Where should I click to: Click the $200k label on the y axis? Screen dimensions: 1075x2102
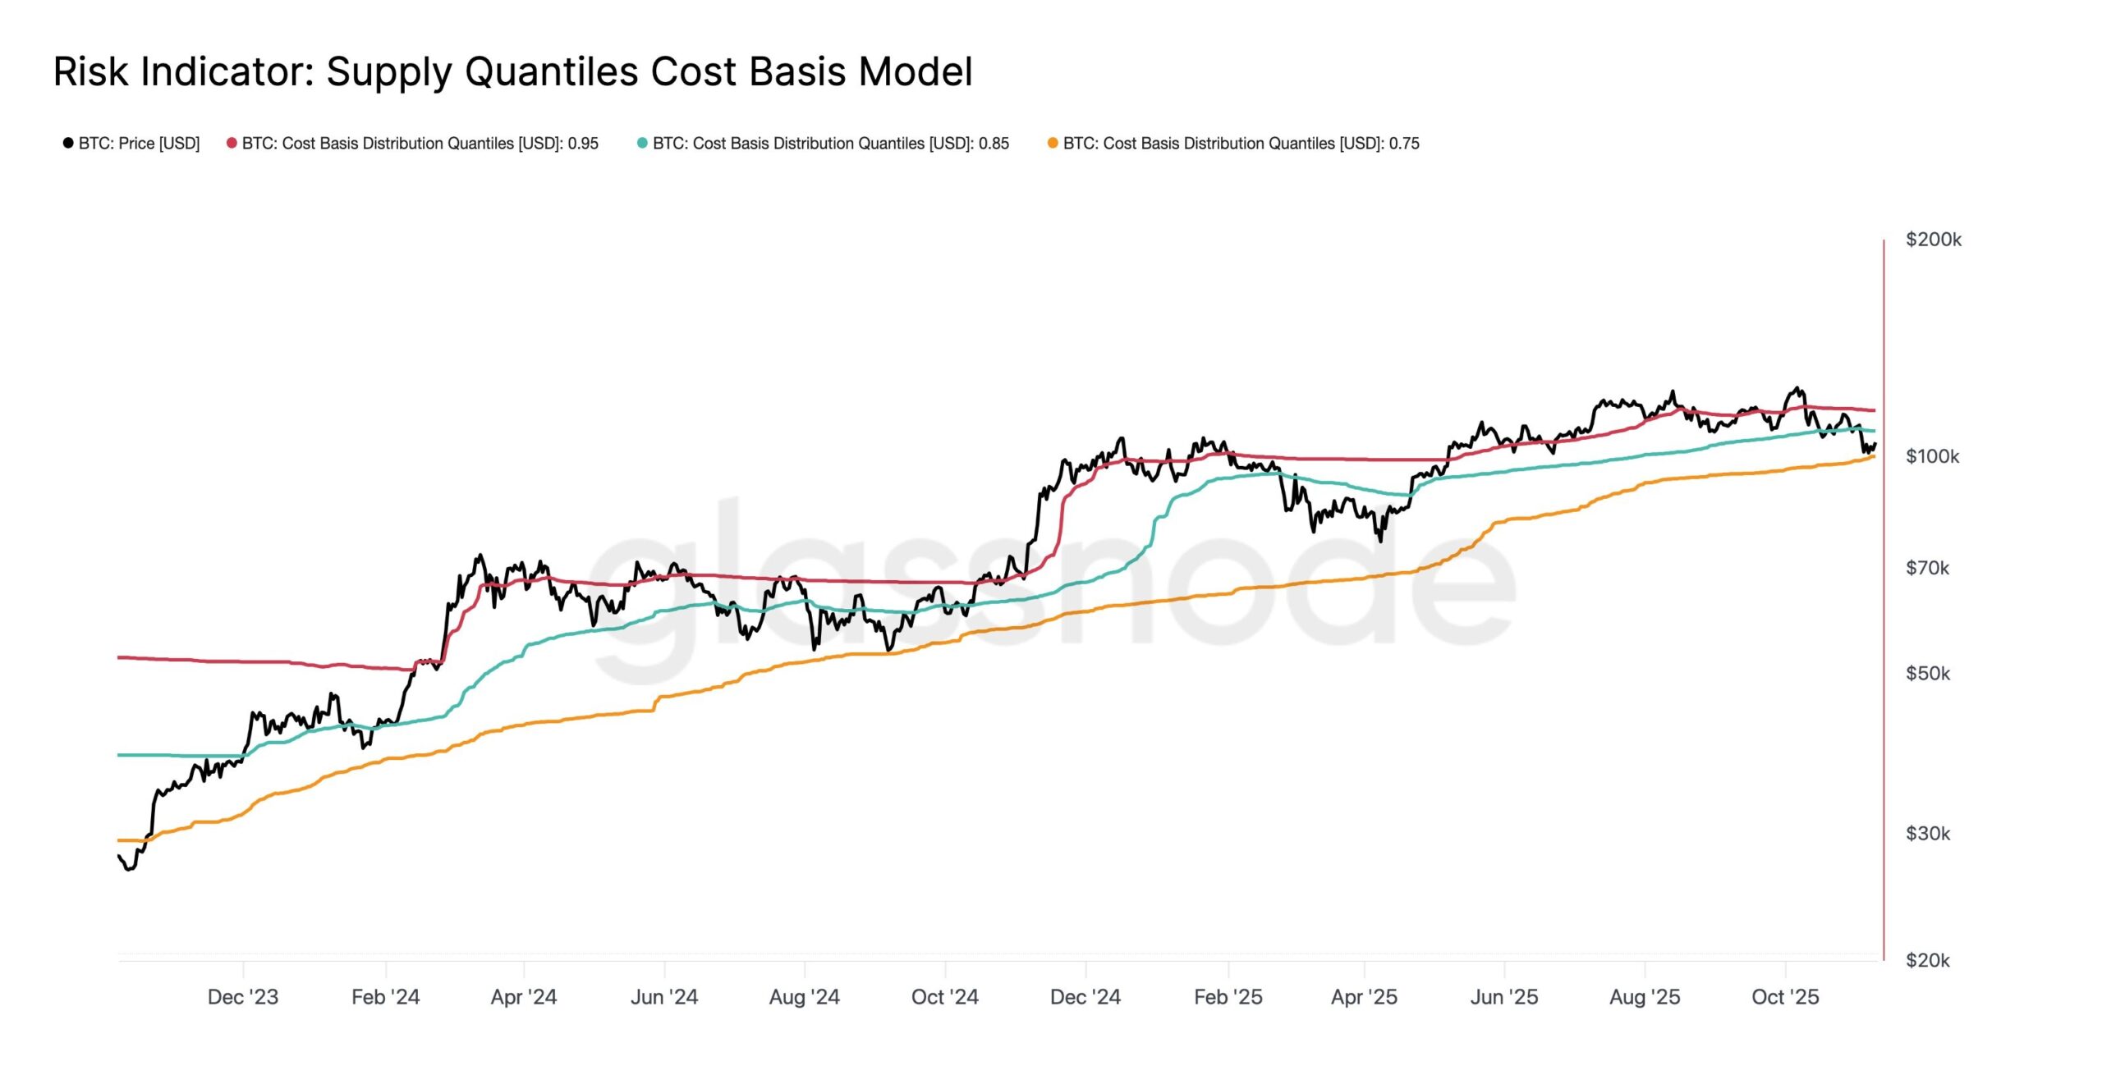point(1933,240)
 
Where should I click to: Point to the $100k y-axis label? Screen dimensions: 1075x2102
point(1932,456)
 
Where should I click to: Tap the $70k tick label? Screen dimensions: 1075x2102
point(1927,568)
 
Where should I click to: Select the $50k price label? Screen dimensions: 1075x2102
point(1927,674)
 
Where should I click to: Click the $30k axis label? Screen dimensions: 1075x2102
point(1927,834)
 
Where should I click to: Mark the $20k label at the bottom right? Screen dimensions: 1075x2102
point(1927,960)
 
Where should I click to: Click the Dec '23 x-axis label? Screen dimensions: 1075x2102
point(243,997)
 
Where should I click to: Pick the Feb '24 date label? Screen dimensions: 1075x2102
point(385,997)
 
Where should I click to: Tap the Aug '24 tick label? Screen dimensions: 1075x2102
point(804,997)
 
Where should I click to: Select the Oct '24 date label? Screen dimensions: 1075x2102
point(944,997)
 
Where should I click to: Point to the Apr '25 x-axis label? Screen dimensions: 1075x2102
point(1364,997)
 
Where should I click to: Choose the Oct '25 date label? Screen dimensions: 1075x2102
point(1785,997)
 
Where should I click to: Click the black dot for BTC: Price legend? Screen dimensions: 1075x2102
point(68,143)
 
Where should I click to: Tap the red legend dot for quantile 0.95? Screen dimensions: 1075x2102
point(232,143)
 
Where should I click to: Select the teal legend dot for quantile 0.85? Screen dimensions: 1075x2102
point(642,143)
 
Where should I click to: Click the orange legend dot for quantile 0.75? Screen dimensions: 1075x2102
point(1053,143)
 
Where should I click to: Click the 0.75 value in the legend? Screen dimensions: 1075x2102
point(1404,144)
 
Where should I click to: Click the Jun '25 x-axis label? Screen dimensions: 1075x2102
point(1504,997)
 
